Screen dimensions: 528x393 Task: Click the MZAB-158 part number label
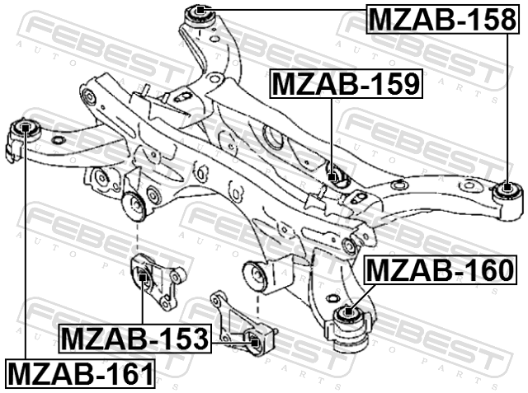[x=442, y=19]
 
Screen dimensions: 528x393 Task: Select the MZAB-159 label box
[x=346, y=84]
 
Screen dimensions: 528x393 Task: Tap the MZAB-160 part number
[x=441, y=270]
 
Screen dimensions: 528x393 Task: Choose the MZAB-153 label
[x=135, y=339]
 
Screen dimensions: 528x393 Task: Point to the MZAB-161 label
[x=80, y=373]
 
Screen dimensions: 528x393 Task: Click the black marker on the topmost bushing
[x=200, y=10]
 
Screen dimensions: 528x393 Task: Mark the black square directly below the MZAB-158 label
[x=507, y=187]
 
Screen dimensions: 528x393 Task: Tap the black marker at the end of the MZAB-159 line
[x=332, y=176]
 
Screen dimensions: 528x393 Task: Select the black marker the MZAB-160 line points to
[x=348, y=311]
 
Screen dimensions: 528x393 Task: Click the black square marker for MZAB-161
[x=26, y=128]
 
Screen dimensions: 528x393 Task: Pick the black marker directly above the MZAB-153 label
[x=143, y=278]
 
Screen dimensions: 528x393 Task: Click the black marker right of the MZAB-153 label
[x=255, y=343]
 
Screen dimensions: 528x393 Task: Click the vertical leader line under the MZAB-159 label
[x=332, y=135]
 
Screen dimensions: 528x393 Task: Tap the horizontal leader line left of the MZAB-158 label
[x=285, y=10]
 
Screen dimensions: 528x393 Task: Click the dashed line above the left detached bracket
[x=138, y=238]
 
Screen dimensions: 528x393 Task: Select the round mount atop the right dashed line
[x=256, y=276]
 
